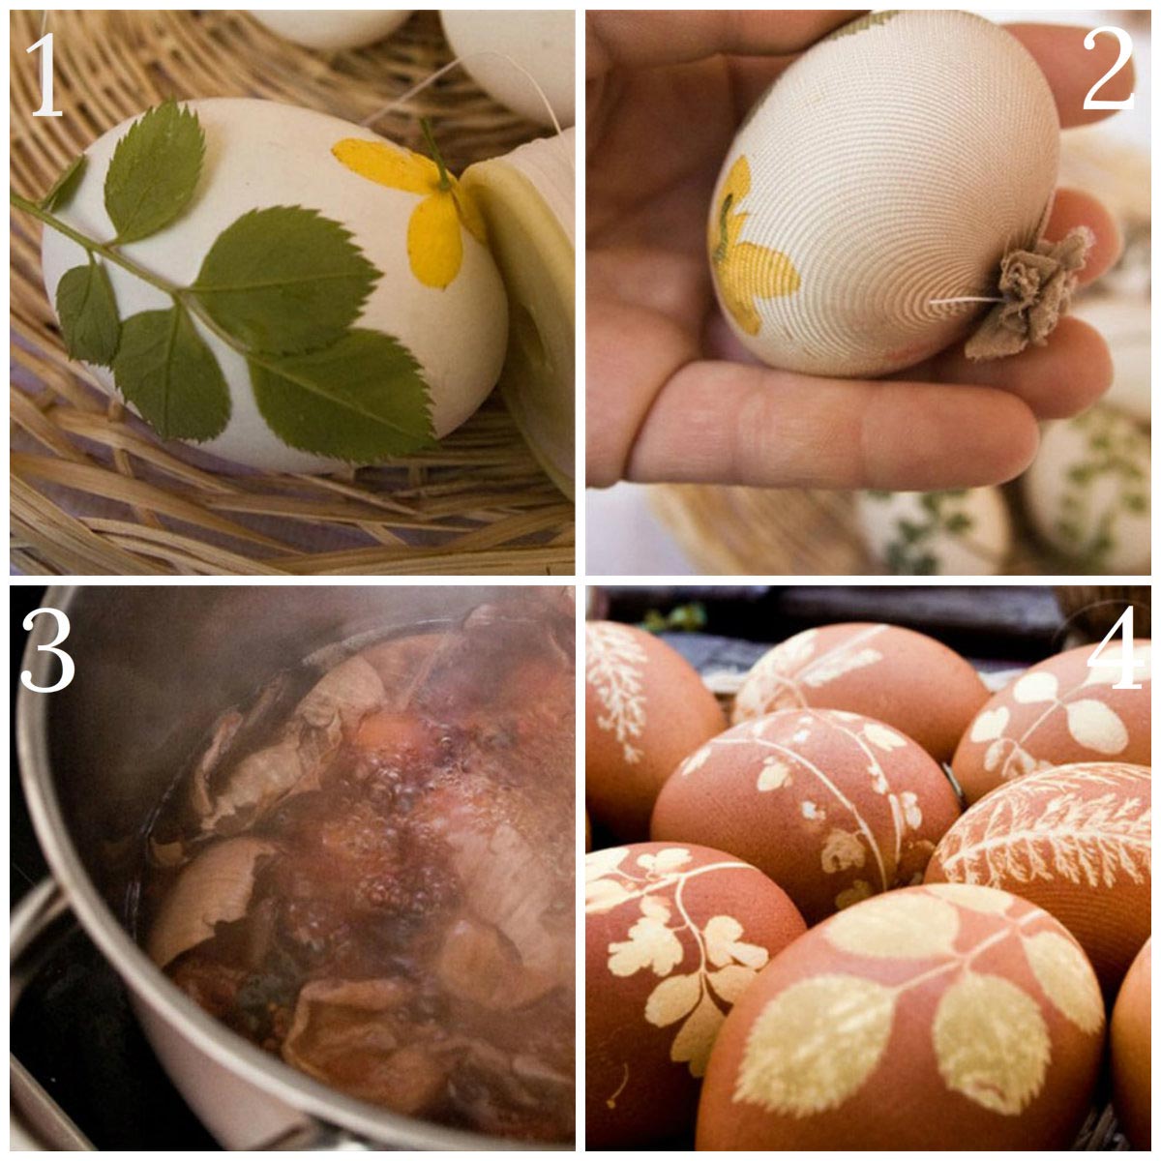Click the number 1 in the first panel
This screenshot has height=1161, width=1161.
[45, 74]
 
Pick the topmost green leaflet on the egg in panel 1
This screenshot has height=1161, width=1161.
[154, 170]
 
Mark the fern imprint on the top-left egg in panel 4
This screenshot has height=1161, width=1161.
[616, 687]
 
